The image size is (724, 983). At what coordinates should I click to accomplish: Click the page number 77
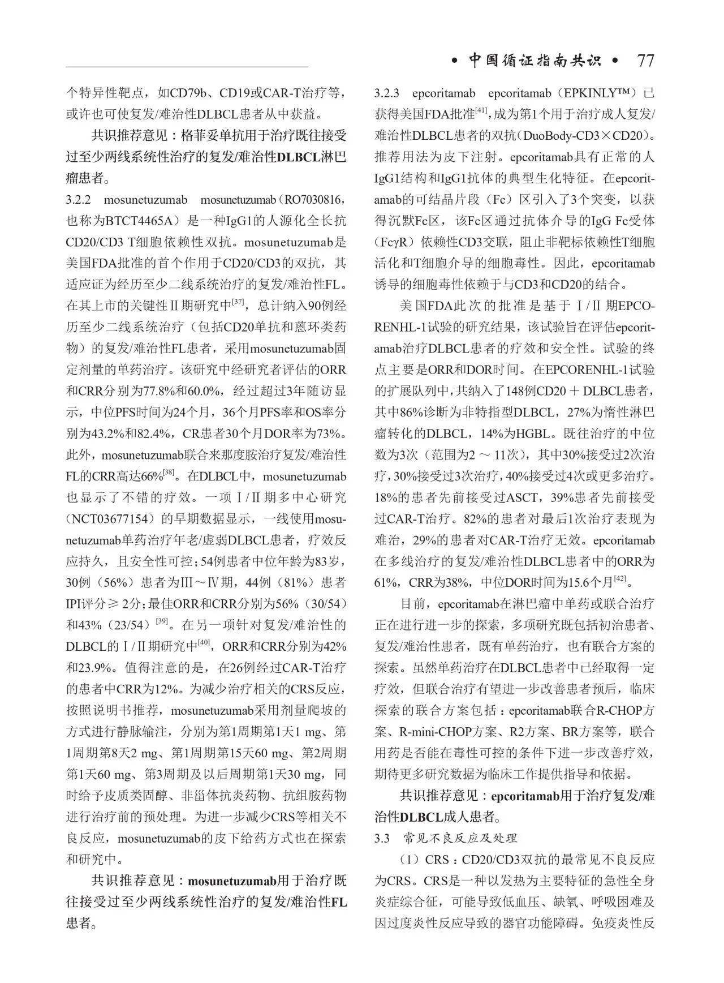point(645,61)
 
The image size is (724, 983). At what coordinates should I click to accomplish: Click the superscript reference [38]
point(169,471)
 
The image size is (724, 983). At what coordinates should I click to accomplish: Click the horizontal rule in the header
point(187,67)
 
